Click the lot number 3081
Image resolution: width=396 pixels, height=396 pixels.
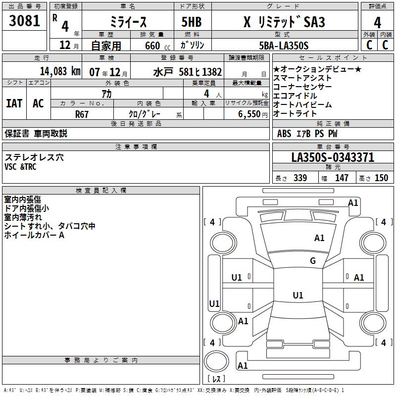pyautogui.click(x=25, y=22)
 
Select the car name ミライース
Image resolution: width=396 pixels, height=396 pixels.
pyautogui.click(x=128, y=22)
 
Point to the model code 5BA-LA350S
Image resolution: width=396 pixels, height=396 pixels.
pyautogui.click(x=284, y=46)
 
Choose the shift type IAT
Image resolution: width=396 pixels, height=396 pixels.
pyautogui.click(x=14, y=103)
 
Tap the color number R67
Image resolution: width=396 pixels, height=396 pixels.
pyautogui.click(x=82, y=113)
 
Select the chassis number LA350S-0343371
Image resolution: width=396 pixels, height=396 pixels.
pyautogui.click(x=333, y=158)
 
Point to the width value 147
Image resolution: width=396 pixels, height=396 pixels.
pyautogui.click(x=342, y=178)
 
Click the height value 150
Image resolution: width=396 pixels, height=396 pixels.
pyautogui.click(x=381, y=178)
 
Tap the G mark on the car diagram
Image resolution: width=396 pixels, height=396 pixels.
pyautogui.click(x=313, y=261)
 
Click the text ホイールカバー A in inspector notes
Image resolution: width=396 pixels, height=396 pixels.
pyautogui.click(x=34, y=235)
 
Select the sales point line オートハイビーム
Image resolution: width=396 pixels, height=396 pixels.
pyautogui.click(x=302, y=104)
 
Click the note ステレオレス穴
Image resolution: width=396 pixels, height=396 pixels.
pyautogui.click(x=34, y=157)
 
